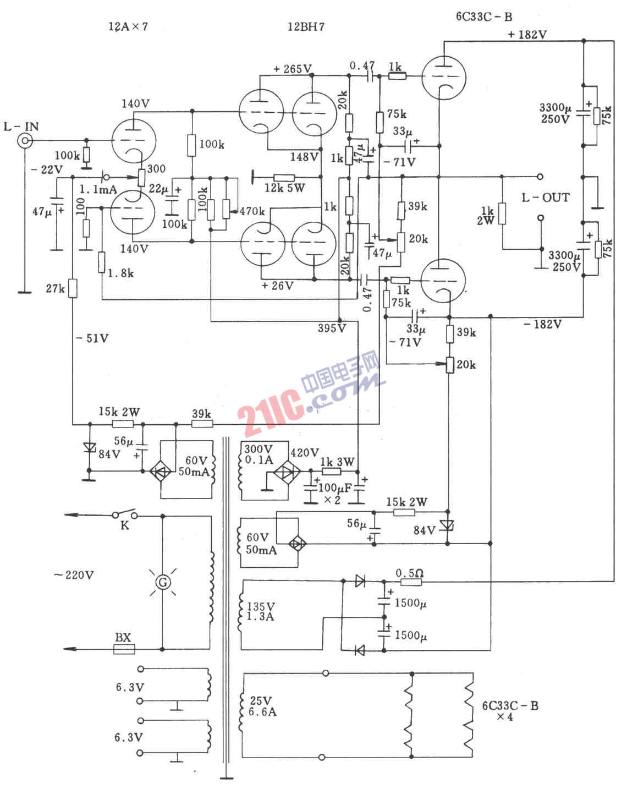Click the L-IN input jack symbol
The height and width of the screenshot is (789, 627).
pos(25,140)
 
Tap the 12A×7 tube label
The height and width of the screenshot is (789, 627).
pos(128,26)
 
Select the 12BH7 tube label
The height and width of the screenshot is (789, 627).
pos(306,26)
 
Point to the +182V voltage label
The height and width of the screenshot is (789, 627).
pos(527,35)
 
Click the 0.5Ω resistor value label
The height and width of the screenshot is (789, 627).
pos(409,573)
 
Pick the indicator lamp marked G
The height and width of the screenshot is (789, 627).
pos(163,582)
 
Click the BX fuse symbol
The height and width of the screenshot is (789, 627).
pos(124,649)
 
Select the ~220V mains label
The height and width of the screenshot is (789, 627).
pos(74,574)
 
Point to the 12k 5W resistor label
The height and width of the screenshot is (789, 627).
pos(284,188)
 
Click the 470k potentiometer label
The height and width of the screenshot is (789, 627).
pos(252,211)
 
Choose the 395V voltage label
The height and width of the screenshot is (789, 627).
pos(332,328)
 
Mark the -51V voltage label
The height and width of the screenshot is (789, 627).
pos(92,338)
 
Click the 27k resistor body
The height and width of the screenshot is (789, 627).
pos(73,288)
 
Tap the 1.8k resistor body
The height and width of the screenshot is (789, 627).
pos(102,262)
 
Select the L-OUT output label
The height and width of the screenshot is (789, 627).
pos(546,198)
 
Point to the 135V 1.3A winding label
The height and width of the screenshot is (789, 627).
pos(261,611)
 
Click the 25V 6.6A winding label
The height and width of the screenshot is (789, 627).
pos(262,706)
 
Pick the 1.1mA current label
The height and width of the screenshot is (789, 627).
pos(98,189)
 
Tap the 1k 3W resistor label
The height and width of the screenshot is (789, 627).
pos(338,462)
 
